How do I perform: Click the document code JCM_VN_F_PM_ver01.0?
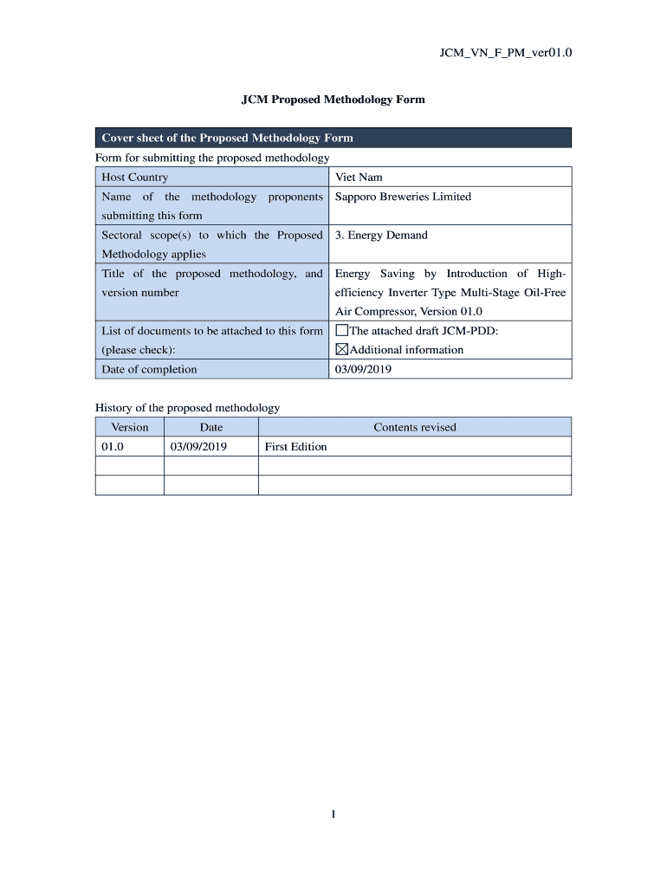pos(507,54)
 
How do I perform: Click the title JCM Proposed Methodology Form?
pos(333,100)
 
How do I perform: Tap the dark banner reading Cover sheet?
pos(333,138)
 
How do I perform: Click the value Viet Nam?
pos(359,178)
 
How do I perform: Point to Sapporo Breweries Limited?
pos(403,197)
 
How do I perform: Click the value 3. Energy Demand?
pos(381,235)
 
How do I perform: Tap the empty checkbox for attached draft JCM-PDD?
pos(341,330)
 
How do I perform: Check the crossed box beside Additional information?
pos(341,350)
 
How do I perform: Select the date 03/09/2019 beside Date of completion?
pos(363,369)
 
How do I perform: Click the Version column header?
pos(130,427)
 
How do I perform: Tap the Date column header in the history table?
pos(211,427)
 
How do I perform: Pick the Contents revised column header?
pos(414,427)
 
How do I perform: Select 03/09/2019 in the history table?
pos(198,447)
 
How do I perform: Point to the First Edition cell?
pos(296,447)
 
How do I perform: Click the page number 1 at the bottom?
pos(333,813)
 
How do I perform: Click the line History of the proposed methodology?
pos(187,408)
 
